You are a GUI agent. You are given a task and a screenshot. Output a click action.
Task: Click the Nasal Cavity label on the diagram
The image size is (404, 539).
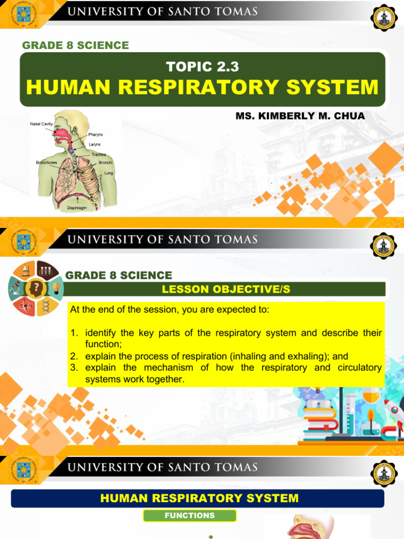[x=41, y=124]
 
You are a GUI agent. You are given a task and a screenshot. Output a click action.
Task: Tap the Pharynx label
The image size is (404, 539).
[x=96, y=135]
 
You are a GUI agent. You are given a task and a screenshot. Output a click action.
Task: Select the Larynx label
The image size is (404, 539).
[x=95, y=144]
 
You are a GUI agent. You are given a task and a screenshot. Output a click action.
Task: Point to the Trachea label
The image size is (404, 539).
[x=99, y=155]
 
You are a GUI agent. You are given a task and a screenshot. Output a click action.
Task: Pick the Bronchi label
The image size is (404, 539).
[x=105, y=163]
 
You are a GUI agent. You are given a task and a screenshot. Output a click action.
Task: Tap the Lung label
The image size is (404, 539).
[x=108, y=173]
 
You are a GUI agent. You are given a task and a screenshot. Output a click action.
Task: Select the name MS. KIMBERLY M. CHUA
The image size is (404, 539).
[x=300, y=116]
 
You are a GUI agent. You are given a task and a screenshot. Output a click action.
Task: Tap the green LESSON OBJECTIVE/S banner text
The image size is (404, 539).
[x=226, y=289]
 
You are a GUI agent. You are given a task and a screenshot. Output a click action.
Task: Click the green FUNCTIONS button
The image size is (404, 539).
[x=189, y=515]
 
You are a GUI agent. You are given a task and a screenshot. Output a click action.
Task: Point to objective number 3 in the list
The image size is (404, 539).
[x=74, y=367]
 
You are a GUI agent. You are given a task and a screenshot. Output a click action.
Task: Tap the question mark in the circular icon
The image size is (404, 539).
[x=36, y=288]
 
